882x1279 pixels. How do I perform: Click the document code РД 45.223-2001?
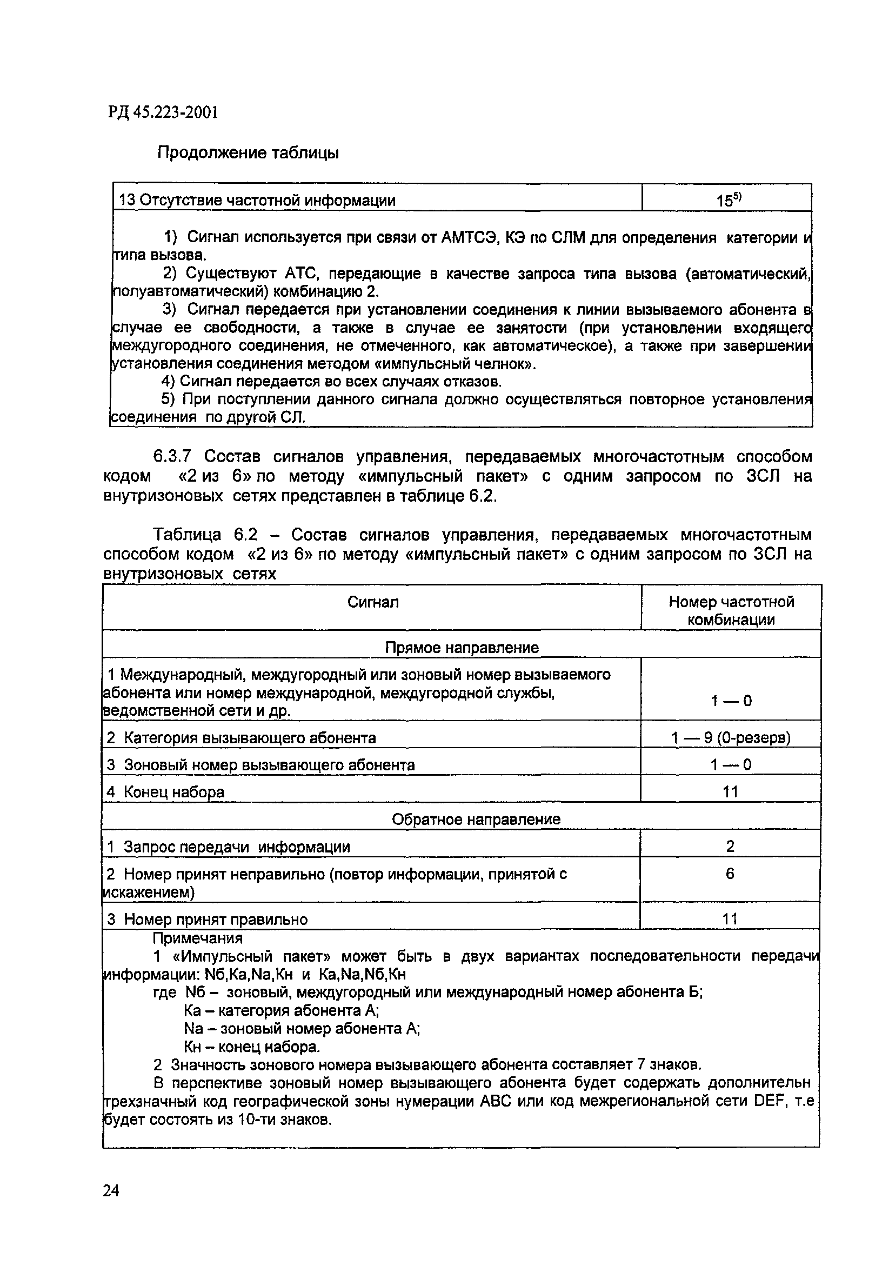click(x=163, y=113)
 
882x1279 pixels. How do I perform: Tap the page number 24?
click(x=111, y=1190)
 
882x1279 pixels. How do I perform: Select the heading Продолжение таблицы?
click(x=248, y=152)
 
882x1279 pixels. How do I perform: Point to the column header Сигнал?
click(x=373, y=602)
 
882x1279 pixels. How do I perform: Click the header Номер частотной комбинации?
click(x=731, y=610)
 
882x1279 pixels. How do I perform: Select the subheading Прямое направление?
click(x=462, y=647)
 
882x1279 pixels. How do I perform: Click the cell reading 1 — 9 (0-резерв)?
click(x=731, y=738)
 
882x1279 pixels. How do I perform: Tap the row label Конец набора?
click(x=174, y=792)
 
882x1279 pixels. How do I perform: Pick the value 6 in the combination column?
click(x=730, y=874)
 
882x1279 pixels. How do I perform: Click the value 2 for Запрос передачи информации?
click(x=730, y=846)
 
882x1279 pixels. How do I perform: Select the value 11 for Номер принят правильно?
click(x=730, y=919)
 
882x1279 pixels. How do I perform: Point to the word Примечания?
click(x=197, y=938)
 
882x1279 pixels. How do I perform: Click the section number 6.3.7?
click(x=172, y=457)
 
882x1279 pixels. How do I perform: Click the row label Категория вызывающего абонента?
click(x=250, y=738)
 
